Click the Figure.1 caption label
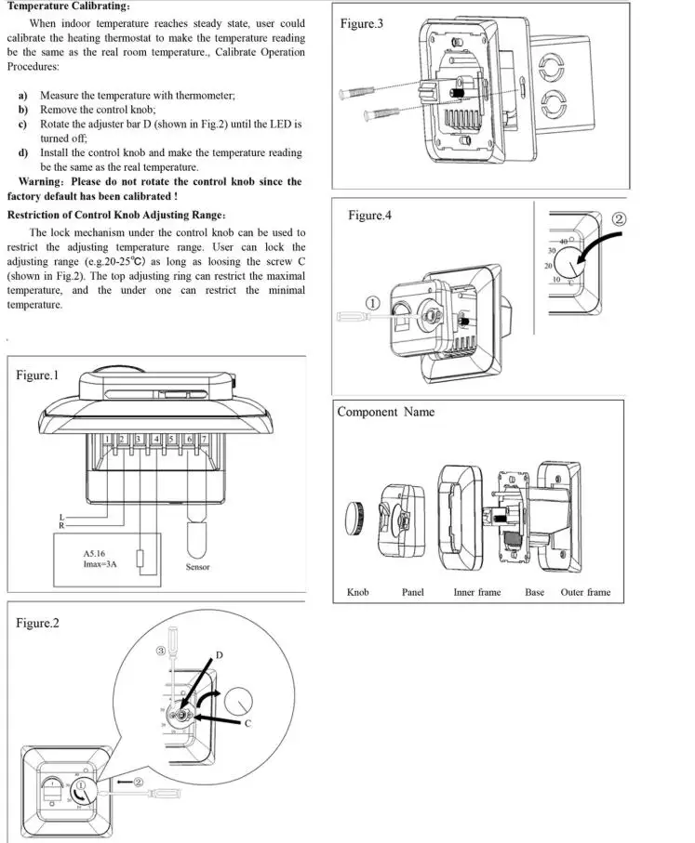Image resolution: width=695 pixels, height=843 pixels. coord(37,375)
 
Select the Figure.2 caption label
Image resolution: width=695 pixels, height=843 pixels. coord(37,623)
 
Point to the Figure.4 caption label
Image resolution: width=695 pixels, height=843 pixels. coord(370,216)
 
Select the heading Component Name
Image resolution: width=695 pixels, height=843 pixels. coord(385,412)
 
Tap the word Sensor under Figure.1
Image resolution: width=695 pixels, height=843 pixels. coord(197,567)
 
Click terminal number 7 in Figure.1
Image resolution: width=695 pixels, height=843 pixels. coord(204,439)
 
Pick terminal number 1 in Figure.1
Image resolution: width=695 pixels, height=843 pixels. coord(109,439)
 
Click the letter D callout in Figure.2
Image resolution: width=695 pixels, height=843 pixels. coord(220,655)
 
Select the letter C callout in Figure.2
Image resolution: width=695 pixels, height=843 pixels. coord(247,723)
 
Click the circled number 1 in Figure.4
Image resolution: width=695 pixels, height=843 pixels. coord(372,303)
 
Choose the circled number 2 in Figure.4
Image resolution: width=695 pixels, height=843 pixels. coord(620,220)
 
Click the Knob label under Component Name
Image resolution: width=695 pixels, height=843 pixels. coord(357,592)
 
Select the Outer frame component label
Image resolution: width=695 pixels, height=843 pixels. coord(585,592)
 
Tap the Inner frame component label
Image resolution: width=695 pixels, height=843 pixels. coord(476,592)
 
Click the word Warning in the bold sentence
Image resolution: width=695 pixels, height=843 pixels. coord(40,182)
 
